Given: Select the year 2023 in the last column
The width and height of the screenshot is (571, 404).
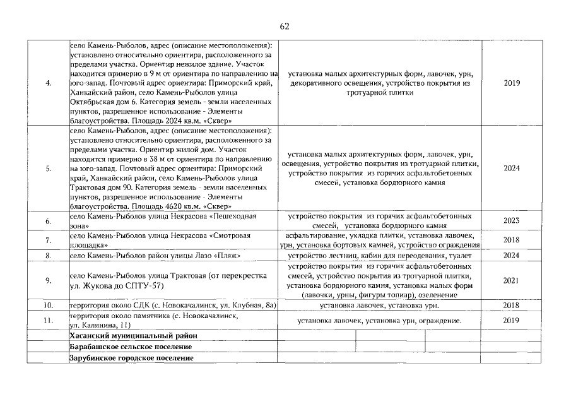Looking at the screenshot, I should (x=512, y=221).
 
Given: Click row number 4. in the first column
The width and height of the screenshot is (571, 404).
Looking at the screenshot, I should (x=49, y=83).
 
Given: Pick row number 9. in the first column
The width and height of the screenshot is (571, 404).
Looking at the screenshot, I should (x=49, y=280).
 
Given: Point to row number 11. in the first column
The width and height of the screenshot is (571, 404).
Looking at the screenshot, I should (x=49, y=321).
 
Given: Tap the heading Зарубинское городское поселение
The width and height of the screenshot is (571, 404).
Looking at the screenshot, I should (x=131, y=359).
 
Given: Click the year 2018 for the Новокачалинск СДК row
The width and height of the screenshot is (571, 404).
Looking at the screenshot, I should (x=512, y=306).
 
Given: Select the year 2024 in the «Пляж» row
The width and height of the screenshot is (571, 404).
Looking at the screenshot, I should (x=512, y=256).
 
